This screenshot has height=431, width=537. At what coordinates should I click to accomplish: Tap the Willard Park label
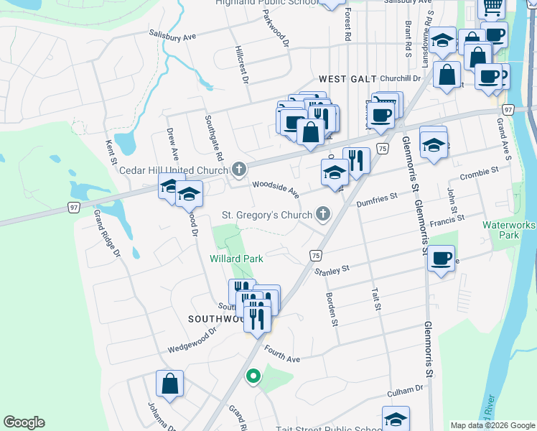pyautogui.click(x=236, y=258)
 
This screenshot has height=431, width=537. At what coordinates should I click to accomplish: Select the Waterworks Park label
pyautogui.click(x=510, y=230)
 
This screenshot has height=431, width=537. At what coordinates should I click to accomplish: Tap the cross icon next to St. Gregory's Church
pyautogui.click(x=323, y=214)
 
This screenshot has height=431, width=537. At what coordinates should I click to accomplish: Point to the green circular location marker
pyautogui.click(x=253, y=376)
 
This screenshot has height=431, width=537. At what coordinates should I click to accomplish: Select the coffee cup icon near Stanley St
pyautogui.click(x=441, y=257)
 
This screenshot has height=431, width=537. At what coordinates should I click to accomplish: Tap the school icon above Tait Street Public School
pyautogui.click(x=396, y=419)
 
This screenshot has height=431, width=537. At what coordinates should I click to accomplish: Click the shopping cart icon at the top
pyautogui.click(x=492, y=7)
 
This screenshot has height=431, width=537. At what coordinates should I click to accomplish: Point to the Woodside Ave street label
pyautogui.click(x=275, y=190)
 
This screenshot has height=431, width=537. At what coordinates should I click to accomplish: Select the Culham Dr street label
pyautogui.click(x=406, y=390)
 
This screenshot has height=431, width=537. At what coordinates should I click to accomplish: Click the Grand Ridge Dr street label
pyautogui.click(x=106, y=233)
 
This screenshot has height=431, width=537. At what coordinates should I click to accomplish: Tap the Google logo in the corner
pyautogui.click(x=24, y=422)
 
